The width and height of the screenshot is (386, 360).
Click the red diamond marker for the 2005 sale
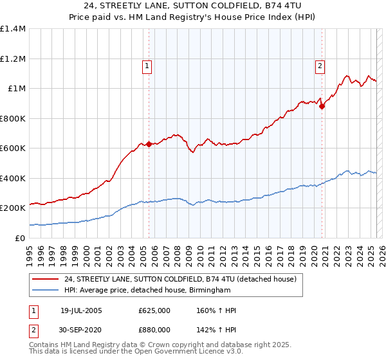pos(149,144)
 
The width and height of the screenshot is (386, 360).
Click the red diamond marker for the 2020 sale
pos(322,107)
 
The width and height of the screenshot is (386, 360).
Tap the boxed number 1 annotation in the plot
pos(147,65)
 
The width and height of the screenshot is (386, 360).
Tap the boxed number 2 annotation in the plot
pos(320,65)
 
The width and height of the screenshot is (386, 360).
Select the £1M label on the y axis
pos(17,89)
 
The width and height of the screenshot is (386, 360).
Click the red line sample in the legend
pos(46,279)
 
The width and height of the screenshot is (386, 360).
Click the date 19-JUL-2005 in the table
pos(81,310)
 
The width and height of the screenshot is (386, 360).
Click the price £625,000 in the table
pos(154,310)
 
